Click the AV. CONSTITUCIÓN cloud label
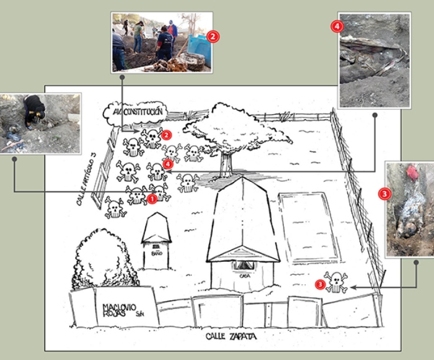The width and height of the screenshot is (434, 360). pos(136,112)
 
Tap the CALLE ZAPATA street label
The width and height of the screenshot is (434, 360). pos(231,336)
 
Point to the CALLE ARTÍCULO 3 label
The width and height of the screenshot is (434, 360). pos(86,182)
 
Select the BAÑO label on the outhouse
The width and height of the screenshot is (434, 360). pos(157,253)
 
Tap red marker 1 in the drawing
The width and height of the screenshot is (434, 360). pos(152,199)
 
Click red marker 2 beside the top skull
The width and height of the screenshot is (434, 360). pos(166,135)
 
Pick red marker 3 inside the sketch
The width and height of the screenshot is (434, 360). pos(320,285)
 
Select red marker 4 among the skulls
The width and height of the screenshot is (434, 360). pos(168,164)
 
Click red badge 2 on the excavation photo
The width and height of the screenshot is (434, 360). pos(213,37)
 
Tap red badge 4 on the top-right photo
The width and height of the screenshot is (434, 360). pos(337,27)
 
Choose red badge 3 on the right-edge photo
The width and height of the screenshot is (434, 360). pos(385,194)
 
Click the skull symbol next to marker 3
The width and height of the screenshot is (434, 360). pos(336,282)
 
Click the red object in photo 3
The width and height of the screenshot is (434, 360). pos(412,173)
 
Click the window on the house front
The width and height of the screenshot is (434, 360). pos(243,266)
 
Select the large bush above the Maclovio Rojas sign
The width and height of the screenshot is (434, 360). pos(104,259)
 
